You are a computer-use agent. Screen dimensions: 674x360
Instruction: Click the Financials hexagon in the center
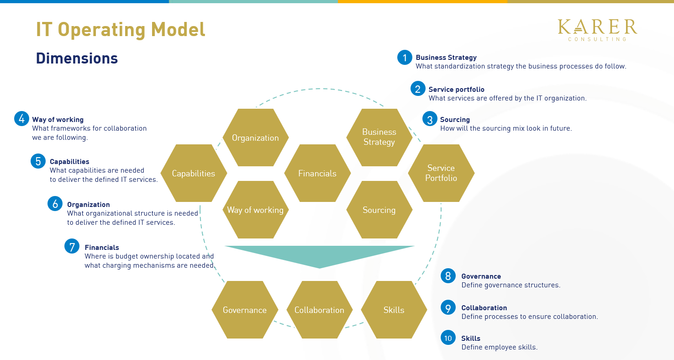(x=317, y=173)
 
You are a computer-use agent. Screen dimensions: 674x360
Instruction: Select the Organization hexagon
(x=255, y=138)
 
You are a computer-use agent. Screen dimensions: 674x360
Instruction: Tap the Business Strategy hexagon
(x=379, y=138)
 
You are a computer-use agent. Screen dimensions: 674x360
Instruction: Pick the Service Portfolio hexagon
(x=441, y=173)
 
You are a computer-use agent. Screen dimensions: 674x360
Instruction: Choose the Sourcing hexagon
(x=379, y=210)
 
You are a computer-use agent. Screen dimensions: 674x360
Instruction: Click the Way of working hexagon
(x=255, y=210)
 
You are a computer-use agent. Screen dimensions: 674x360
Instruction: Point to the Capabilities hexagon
(x=194, y=173)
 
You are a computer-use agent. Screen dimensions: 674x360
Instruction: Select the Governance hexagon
(x=245, y=310)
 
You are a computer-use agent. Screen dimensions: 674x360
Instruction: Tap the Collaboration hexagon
(x=319, y=310)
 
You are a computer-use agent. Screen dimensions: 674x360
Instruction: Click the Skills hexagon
(x=394, y=310)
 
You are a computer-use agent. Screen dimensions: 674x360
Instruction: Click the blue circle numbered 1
(x=405, y=58)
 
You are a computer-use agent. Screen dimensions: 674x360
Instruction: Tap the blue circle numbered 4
(x=21, y=119)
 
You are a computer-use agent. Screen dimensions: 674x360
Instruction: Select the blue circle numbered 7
(x=72, y=246)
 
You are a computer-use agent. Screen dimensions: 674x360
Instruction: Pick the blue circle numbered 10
(x=448, y=338)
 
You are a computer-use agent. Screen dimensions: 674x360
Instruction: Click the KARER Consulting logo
(x=597, y=30)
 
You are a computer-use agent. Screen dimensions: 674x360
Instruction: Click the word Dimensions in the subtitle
(x=77, y=58)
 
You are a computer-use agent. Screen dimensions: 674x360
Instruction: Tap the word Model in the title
(x=178, y=30)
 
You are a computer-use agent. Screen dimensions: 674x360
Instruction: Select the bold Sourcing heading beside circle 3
(x=455, y=120)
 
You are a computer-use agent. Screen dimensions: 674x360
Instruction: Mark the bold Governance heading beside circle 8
(x=481, y=276)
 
